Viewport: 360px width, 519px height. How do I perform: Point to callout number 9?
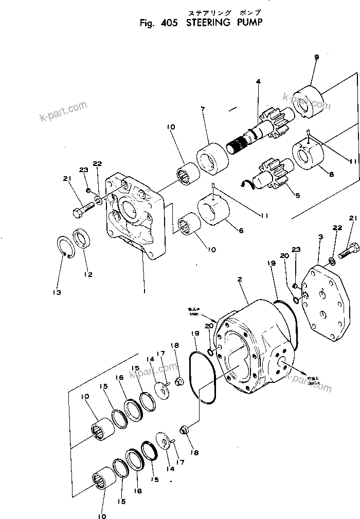316,57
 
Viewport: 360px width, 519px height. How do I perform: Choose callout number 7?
203,109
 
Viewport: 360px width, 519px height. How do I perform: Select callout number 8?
331,174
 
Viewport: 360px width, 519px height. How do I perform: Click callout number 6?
241,231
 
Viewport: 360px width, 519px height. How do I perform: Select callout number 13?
56,292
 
